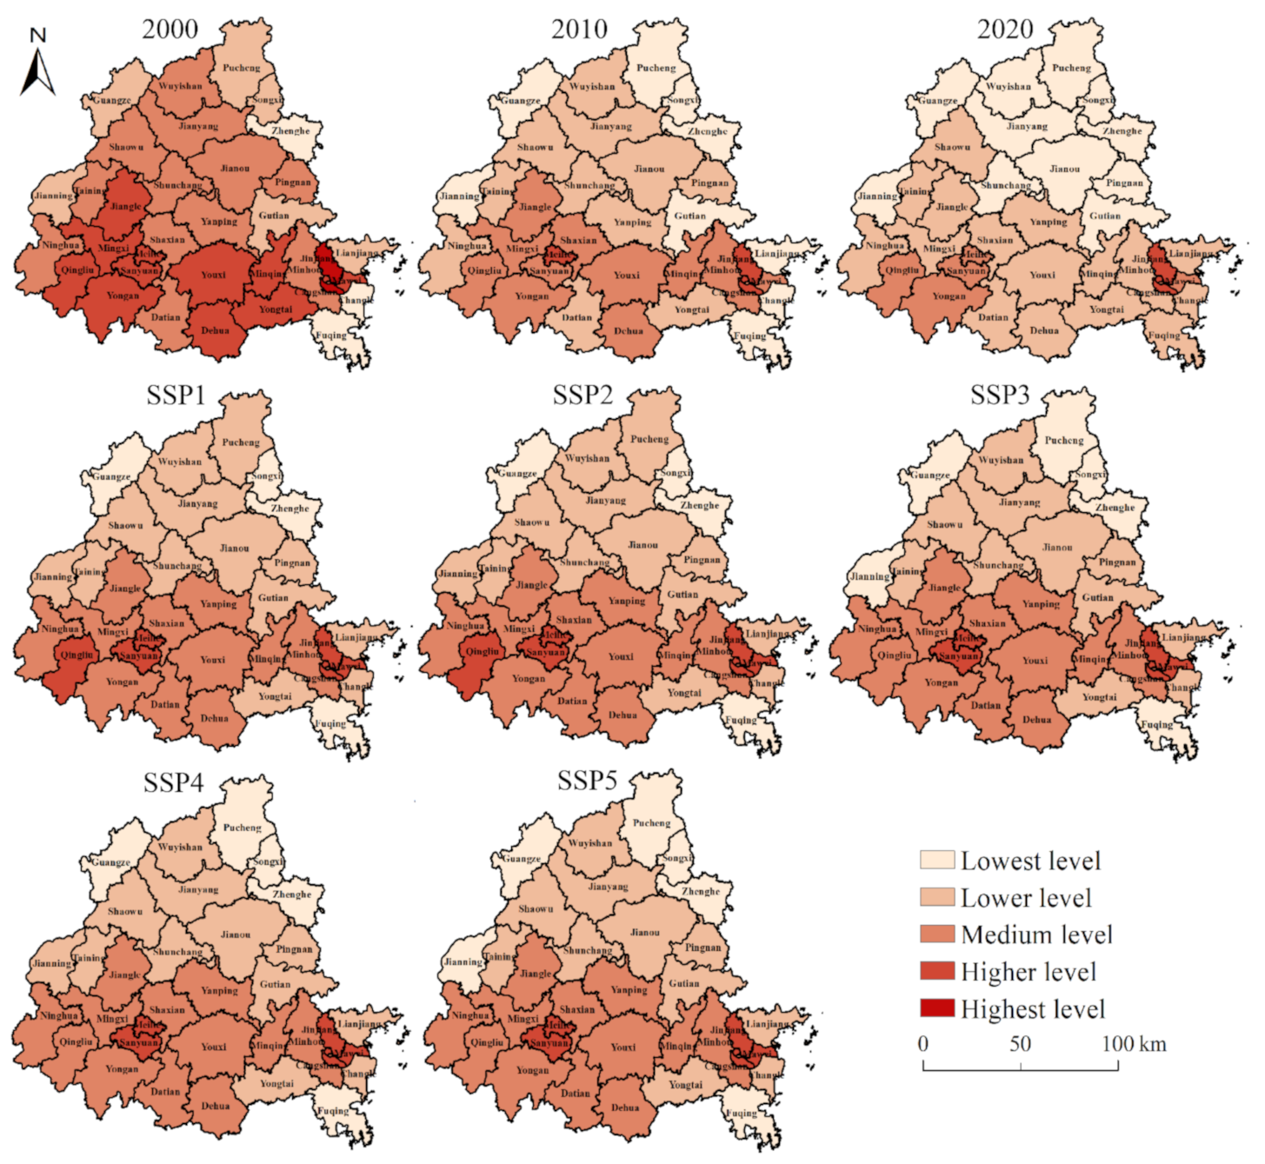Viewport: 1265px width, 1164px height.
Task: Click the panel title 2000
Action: coord(170,29)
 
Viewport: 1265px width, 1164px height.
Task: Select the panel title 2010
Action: coord(579,29)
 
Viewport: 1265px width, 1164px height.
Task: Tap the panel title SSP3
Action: coord(1000,396)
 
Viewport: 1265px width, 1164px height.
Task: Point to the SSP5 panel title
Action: coord(587,781)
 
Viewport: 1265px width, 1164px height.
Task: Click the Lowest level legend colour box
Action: coord(937,860)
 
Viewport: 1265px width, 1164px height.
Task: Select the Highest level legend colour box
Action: coord(937,1008)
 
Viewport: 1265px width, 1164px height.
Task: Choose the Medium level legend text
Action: coord(1036,935)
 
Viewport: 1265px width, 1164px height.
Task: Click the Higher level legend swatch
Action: coord(937,971)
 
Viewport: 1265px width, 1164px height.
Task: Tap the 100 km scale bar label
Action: coord(1134,1043)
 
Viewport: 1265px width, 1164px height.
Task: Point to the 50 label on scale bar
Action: coord(1020,1043)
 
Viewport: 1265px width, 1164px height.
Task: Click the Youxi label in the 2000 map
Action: coord(213,275)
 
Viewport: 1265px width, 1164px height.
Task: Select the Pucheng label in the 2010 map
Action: coord(656,68)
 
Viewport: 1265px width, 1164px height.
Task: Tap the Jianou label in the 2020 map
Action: coord(1064,169)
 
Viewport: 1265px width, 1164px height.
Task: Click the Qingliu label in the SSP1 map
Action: coord(77,655)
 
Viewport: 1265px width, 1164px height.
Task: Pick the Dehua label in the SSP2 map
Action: coord(623,715)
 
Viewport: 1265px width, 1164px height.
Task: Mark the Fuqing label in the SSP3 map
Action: coord(1156,724)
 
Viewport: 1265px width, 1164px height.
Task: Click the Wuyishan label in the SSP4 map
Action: coord(180,847)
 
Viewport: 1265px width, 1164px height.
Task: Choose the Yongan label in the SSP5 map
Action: coord(532,1070)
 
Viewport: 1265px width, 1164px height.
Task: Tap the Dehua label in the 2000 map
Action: coord(215,330)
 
